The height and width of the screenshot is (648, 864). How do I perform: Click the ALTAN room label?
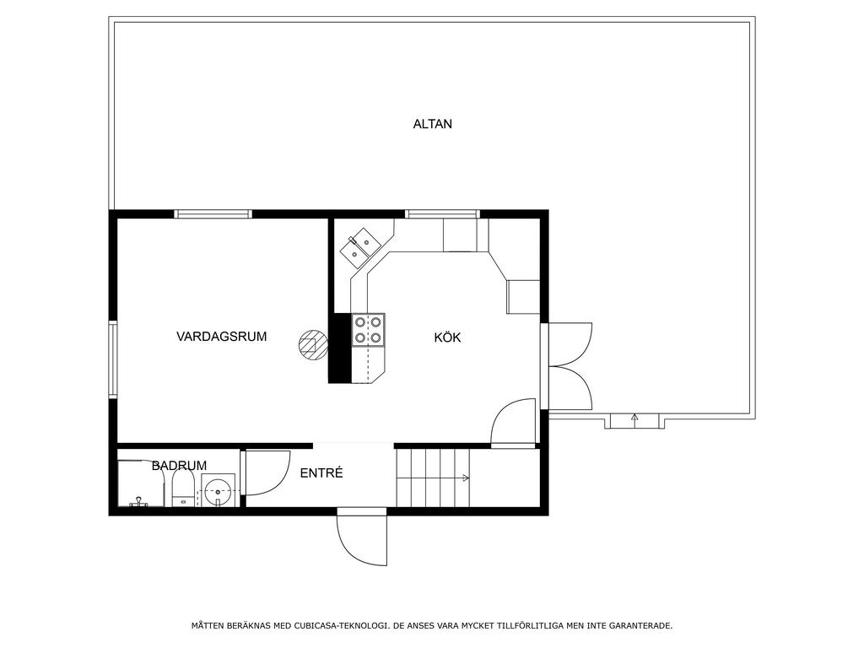pos(433,124)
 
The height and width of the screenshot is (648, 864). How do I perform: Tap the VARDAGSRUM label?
pos(222,336)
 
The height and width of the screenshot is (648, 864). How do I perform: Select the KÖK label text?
pos(447,337)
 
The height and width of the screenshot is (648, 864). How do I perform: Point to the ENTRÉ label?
pos(321,472)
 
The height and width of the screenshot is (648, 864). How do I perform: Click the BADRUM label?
pos(179,466)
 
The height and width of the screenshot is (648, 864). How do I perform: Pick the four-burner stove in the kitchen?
pos(368,330)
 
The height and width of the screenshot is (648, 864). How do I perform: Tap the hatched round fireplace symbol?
pos(313,345)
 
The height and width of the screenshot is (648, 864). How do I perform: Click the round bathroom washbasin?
pos(219,490)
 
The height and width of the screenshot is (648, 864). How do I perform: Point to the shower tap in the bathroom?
pos(137,501)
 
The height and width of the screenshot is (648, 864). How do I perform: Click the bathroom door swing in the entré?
pos(276,483)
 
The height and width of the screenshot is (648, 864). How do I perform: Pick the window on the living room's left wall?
pos(112,359)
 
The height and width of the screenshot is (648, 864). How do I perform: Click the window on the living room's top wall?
pos(213,213)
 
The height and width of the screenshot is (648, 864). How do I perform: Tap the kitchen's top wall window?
pos(442,213)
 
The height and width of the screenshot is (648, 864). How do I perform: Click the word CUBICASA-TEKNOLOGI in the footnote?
pos(339,625)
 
